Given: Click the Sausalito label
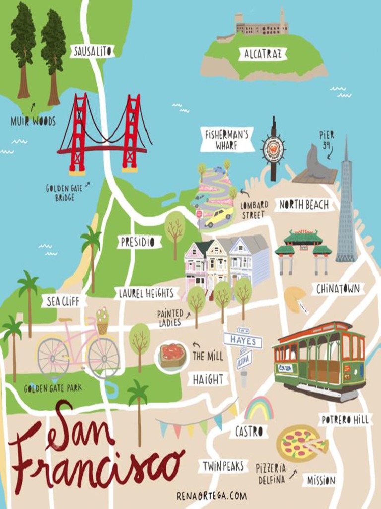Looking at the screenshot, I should tap(92, 51).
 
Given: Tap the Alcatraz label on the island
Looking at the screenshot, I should tap(262, 54).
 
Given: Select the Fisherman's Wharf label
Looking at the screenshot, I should tap(227, 140).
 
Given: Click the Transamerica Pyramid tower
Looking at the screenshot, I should tap(346, 214).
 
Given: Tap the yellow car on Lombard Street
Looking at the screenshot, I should tap(218, 217).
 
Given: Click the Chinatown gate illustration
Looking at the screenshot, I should tap(303, 249).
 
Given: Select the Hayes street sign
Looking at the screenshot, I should tap(243, 341).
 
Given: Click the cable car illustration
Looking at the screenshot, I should tap(320, 359).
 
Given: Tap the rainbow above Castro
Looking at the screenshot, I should tap(258, 409).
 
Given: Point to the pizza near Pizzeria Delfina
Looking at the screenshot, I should tap(301, 443).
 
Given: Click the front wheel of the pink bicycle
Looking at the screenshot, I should tap(104, 357).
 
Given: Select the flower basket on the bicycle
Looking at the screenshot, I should tap(102, 321).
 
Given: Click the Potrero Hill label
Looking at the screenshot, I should tap(345, 420).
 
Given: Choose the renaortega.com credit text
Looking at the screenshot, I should tap(211, 496).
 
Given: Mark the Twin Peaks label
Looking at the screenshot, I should tap(223, 466).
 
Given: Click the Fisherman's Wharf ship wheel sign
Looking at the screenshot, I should tap(273, 149).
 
